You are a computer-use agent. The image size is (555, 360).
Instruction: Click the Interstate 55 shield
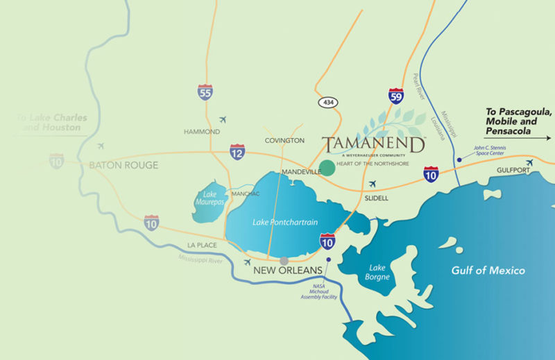(x=205, y=93)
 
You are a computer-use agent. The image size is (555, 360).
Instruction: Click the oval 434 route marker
(x=329, y=103)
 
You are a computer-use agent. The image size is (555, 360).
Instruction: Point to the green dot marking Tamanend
(x=327, y=167)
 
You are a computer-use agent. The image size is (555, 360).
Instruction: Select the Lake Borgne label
(x=379, y=273)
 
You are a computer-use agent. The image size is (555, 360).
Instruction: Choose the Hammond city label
(x=202, y=132)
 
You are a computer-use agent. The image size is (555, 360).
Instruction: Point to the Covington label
(x=284, y=140)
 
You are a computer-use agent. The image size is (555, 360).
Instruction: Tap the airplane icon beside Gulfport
(x=530, y=163)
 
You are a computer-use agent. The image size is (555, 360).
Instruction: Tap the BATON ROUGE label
(x=123, y=165)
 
